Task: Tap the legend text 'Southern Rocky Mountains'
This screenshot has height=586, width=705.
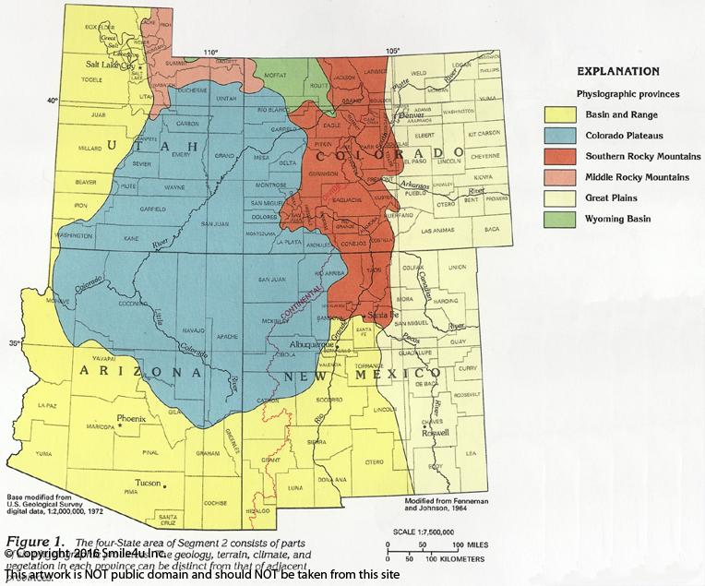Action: [x=643, y=156]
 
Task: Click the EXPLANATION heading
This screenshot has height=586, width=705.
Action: [x=617, y=71]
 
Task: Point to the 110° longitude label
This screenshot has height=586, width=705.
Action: [x=211, y=51]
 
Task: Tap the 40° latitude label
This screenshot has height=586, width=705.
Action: [x=54, y=100]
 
